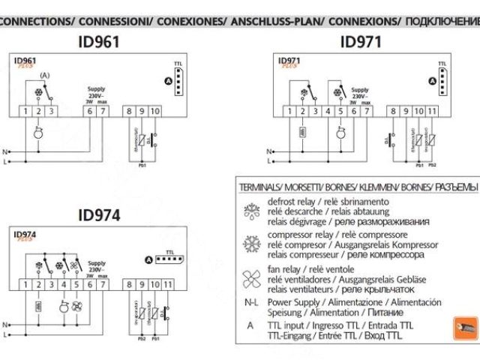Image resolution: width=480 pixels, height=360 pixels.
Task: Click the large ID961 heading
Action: click(97, 42)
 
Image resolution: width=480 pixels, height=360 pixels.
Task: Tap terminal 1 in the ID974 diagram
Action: click(26, 285)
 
